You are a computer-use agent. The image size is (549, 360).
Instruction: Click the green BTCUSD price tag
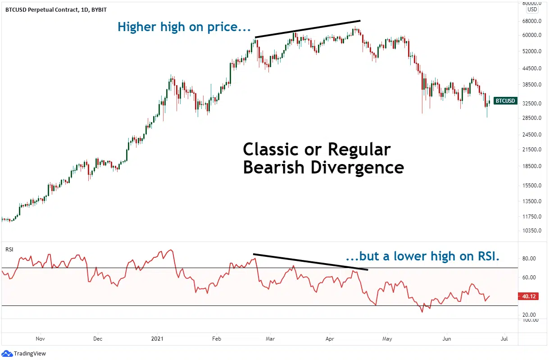pos(505,101)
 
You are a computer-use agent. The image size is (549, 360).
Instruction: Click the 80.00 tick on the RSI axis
pos(529,259)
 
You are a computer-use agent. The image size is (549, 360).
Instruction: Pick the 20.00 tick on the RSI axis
pos(529,314)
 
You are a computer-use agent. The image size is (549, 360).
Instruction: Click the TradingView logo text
pos(30,354)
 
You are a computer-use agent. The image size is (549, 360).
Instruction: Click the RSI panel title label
pos(9,249)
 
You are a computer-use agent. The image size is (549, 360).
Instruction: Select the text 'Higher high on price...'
pos(184,27)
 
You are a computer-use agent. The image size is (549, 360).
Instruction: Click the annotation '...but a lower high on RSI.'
pos(422,256)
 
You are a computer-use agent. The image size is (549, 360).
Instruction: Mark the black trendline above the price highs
pos(308,29)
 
